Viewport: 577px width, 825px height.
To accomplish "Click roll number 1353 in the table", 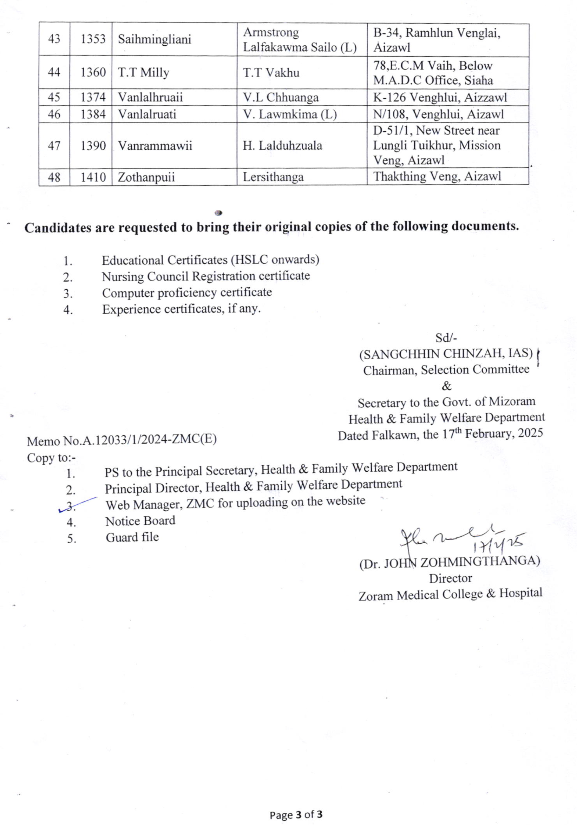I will [93, 39].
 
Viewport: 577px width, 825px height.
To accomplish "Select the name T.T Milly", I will [143, 73].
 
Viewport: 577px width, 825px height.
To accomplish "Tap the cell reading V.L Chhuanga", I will [281, 97].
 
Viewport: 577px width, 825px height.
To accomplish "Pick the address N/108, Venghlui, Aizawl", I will [438, 114].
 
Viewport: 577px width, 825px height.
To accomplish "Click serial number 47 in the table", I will [54, 146].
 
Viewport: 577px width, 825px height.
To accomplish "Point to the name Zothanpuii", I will [146, 177].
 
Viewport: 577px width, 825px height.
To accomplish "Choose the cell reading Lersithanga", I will [273, 177].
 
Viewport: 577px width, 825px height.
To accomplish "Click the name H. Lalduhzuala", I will [282, 146].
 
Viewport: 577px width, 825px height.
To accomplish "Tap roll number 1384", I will [93, 114].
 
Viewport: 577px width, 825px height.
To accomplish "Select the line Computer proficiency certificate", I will [187, 293].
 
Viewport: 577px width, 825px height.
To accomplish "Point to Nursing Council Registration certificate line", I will [205, 276].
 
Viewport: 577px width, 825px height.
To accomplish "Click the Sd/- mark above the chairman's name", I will [446, 338].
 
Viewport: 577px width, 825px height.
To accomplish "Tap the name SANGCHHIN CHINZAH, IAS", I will [446, 354].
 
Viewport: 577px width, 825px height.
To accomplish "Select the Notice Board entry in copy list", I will [140, 520].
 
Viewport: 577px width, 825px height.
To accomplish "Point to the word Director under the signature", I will [450, 578].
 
